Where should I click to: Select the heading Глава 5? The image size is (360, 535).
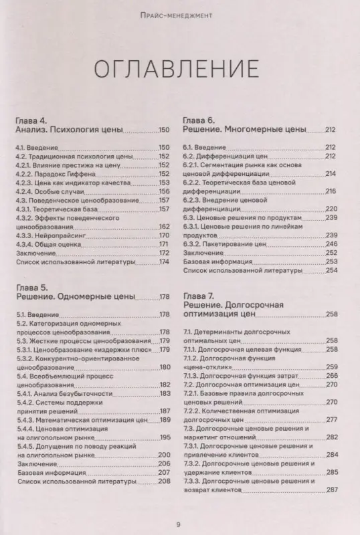(31, 286)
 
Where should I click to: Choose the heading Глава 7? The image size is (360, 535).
(199, 296)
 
